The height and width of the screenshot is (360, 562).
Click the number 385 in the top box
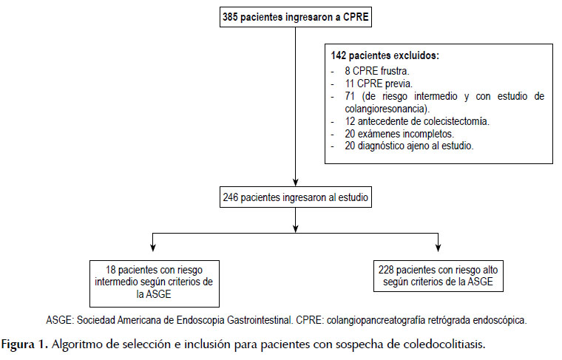click(230, 17)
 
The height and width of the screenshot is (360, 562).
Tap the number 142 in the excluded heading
click(339, 55)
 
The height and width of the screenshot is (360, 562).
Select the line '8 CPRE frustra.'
click(376, 70)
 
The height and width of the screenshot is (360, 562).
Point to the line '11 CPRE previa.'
click(379, 84)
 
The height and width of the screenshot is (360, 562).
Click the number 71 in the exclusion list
click(350, 96)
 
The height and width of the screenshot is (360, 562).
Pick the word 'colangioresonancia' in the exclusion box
click(386, 109)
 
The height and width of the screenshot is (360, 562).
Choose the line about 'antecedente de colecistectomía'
click(417, 121)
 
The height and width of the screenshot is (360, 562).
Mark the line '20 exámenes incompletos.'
click(399, 134)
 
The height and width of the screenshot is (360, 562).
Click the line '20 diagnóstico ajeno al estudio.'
click(409, 146)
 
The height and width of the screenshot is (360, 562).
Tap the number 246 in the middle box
click(231, 197)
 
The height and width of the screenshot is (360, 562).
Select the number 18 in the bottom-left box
click(110, 270)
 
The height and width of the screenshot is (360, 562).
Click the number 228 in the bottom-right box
click(386, 270)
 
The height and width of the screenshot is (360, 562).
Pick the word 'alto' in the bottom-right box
click(490, 270)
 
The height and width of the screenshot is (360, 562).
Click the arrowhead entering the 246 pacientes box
click(295, 182)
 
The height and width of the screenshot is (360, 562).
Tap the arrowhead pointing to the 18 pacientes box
click(153, 247)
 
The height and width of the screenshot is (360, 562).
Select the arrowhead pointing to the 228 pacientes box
click(438, 247)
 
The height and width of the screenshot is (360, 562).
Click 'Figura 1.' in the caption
click(24, 344)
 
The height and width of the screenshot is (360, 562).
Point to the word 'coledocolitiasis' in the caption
click(444, 344)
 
